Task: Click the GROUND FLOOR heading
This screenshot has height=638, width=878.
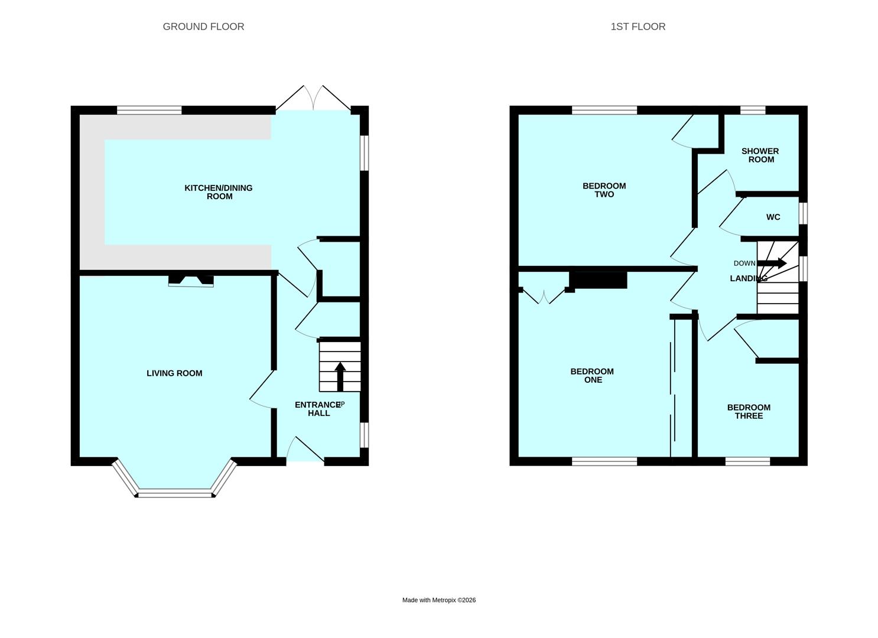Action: pos(203,27)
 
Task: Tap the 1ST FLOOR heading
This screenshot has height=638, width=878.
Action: pos(638,27)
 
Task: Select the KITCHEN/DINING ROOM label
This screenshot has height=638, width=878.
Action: pos(219,192)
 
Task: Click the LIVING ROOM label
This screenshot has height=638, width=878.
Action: pos(174,373)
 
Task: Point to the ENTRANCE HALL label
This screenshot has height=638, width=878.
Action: pos(318,409)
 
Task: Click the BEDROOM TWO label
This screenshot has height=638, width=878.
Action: pos(604,190)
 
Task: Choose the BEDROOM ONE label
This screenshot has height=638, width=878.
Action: pos(592,376)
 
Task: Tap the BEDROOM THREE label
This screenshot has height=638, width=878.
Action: pos(749,412)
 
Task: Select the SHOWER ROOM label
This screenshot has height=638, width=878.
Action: pos(760,155)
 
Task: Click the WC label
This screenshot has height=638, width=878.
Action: pos(773,217)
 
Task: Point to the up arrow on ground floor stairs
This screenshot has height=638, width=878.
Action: pos(340,377)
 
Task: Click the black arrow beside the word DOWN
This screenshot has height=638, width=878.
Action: pos(772,263)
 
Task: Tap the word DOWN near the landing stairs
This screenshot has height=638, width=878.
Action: pos(744,263)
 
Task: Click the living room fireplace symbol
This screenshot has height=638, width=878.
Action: pos(191,281)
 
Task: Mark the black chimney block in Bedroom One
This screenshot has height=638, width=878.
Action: pos(598,280)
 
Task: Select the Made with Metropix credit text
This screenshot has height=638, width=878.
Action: pos(439,600)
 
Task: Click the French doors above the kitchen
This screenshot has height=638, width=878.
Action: pos(313,97)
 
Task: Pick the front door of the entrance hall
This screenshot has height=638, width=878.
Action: pos(305,450)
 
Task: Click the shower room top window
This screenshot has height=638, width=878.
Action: pos(753,110)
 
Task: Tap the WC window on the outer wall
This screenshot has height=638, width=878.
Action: pos(803,213)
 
